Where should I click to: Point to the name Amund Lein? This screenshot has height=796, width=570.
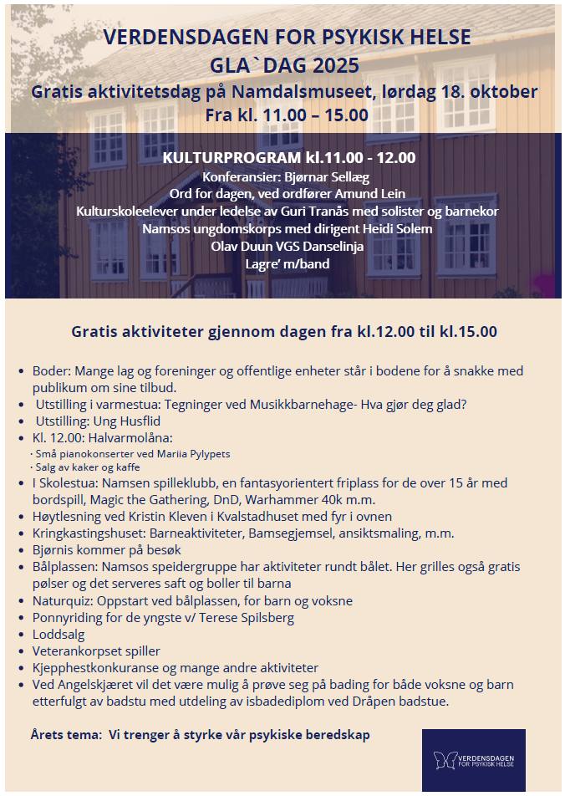click(x=367, y=194)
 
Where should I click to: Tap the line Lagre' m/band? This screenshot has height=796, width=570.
click(x=287, y=264)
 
